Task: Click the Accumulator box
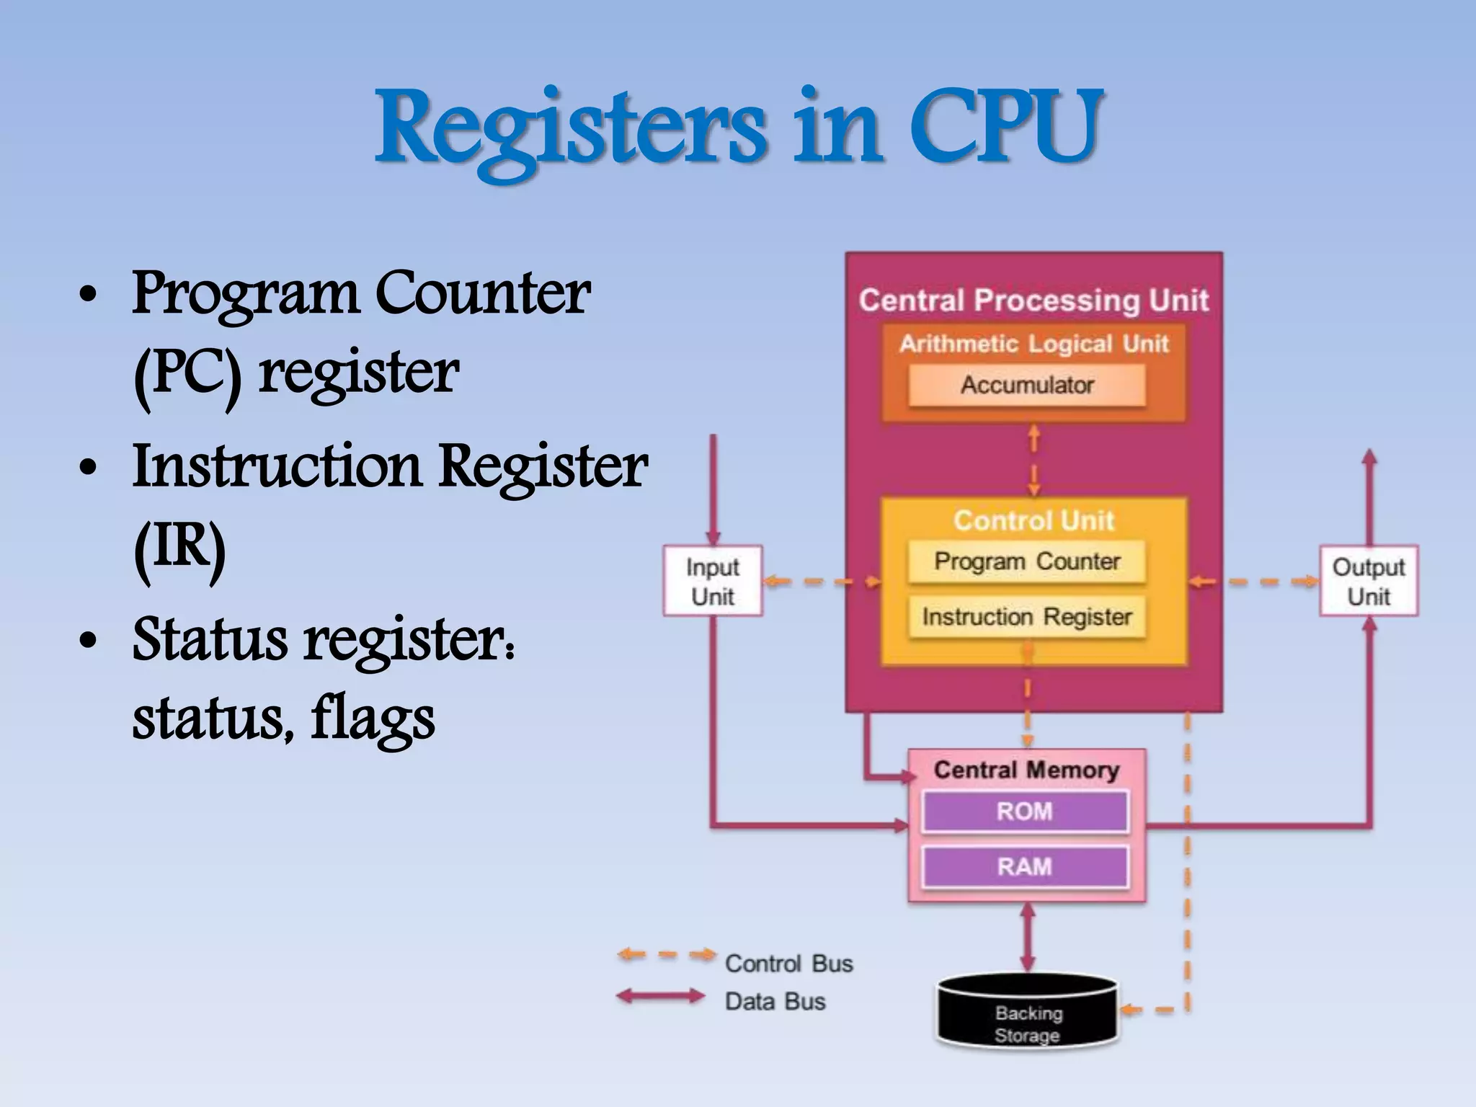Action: (x=1027, y=385)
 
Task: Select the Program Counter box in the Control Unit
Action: (x=1027, y=561)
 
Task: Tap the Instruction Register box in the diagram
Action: (x=1027, y=617)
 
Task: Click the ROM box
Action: (x=1025, y=812)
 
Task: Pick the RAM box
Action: (x=1025, y=866)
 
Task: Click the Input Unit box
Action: (x=713, y=581)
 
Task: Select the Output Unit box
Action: (x=1369, y=581)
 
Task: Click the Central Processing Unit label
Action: (x=1033, y=301)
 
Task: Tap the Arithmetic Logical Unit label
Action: (x=1033, y=344)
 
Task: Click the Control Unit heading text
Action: (x=1033, y=520)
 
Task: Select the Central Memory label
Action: (x=1026, y=770)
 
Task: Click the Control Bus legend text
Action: (x=788, y=964)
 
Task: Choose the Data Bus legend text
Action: (x=775, y=1001)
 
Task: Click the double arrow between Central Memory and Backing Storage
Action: (x=1028, y=937)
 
